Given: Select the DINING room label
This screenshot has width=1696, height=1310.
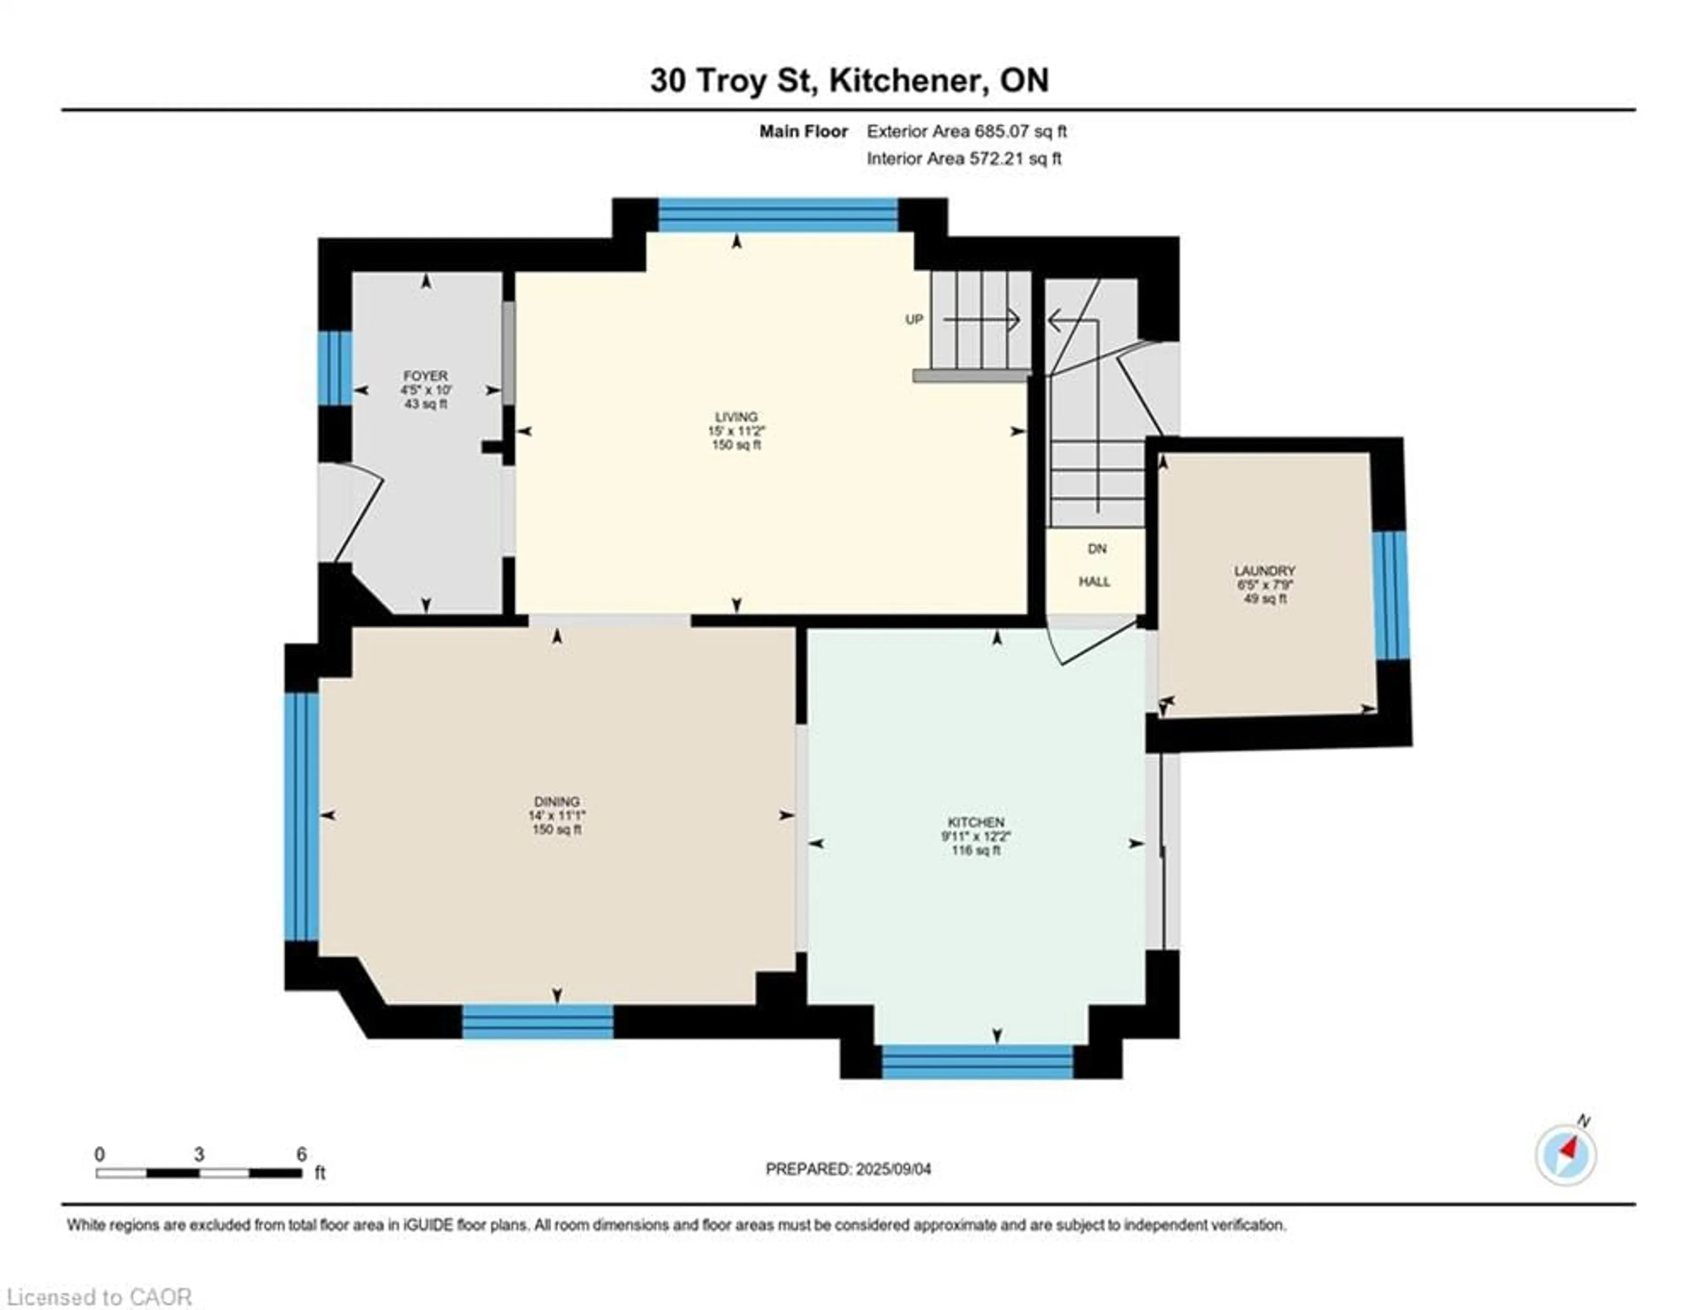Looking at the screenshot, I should point(557,801).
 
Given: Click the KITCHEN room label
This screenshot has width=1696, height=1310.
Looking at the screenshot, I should point(975,822).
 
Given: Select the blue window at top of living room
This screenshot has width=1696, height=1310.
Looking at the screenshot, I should point(778,215).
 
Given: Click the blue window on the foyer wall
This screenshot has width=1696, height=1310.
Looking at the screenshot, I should point(335,368).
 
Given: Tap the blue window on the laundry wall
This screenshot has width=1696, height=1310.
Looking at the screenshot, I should point(1391,595).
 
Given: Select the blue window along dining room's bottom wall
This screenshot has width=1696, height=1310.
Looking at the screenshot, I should point(538,1022).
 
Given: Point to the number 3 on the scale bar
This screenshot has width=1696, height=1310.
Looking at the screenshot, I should point(199,1154).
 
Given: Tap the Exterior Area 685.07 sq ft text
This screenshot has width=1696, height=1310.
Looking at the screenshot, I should point(966,131).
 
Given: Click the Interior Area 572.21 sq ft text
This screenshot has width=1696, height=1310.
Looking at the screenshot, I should point(964,159).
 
